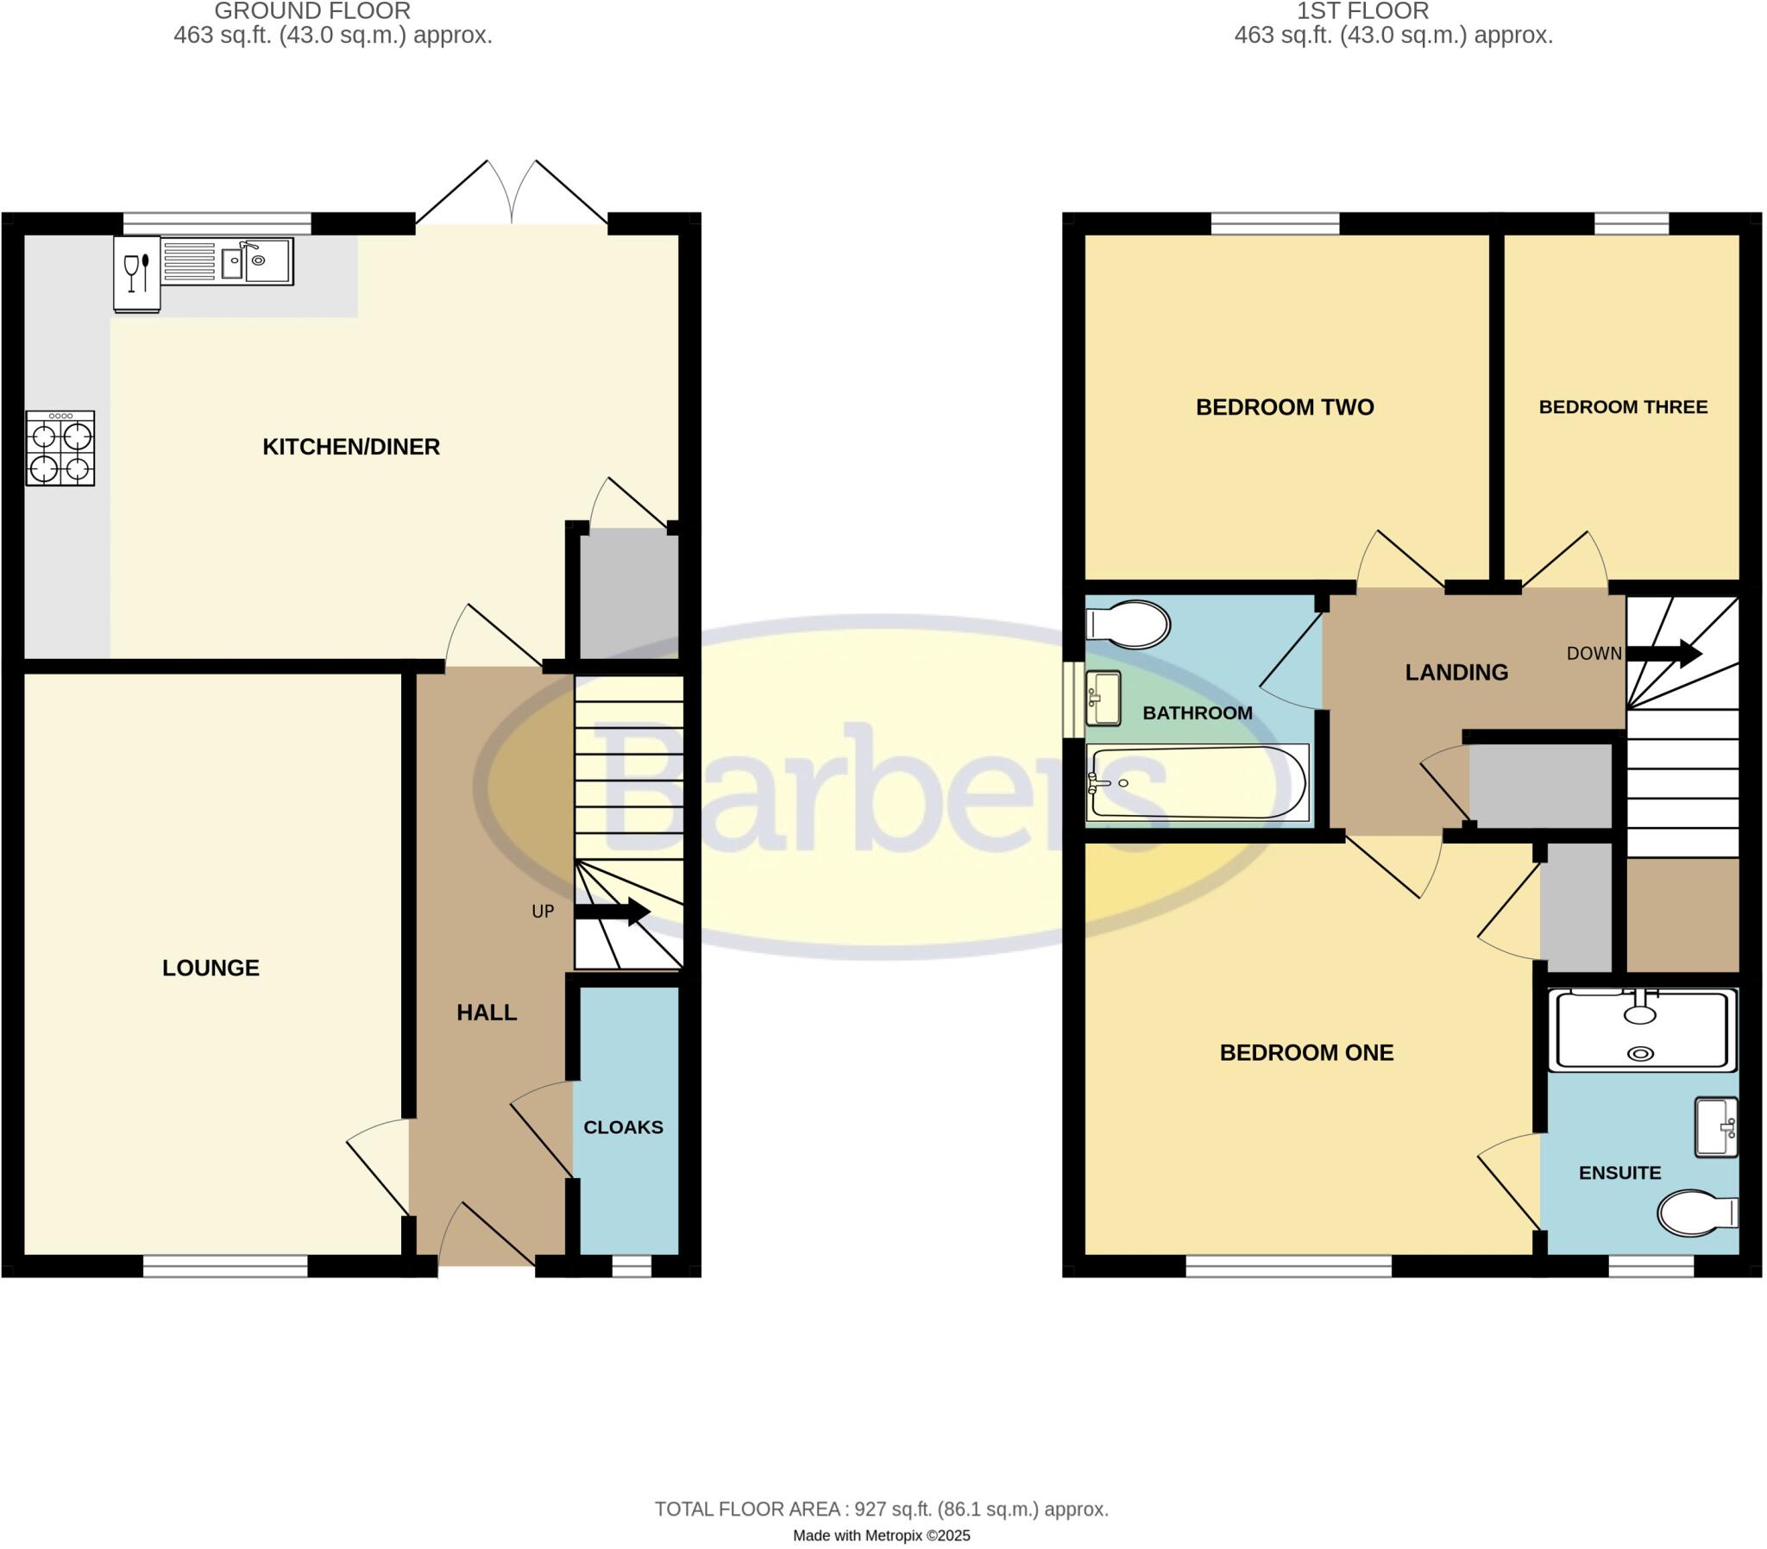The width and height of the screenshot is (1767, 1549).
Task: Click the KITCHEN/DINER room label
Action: click(x=351, y=447)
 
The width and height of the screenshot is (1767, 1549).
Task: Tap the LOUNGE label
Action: click(x=211, y=968)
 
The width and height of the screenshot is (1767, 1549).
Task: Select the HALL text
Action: click(x=487, y=1013)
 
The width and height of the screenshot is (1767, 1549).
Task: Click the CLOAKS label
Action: click(x=623, y=1127)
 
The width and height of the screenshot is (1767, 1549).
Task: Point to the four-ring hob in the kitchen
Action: click(x=60, y=448)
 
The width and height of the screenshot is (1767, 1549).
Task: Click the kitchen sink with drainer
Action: click(x=229, y=261)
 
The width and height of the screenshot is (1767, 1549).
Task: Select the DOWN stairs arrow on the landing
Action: click(x=1664, y=654)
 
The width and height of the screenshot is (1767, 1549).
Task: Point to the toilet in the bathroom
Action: click(x=1129, y=624)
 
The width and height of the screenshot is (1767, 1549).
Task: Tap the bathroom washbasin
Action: click(x=1104, y=699)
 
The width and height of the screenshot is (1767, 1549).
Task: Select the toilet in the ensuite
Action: click(x=1697, y=1213)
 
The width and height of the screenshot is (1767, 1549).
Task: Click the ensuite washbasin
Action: click(x=1716, y=1127)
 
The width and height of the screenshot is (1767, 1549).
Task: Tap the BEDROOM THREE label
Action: click(x=1623, y=407)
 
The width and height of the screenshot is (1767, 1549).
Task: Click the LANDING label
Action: click(x=1456, y=673)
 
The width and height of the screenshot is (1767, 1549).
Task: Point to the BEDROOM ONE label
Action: click(x=1306, y=1053)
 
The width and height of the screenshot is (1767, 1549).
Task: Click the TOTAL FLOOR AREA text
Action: click(x=881, y=1509)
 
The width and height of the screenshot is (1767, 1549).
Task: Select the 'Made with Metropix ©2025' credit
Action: click(x=882, y=1536)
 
